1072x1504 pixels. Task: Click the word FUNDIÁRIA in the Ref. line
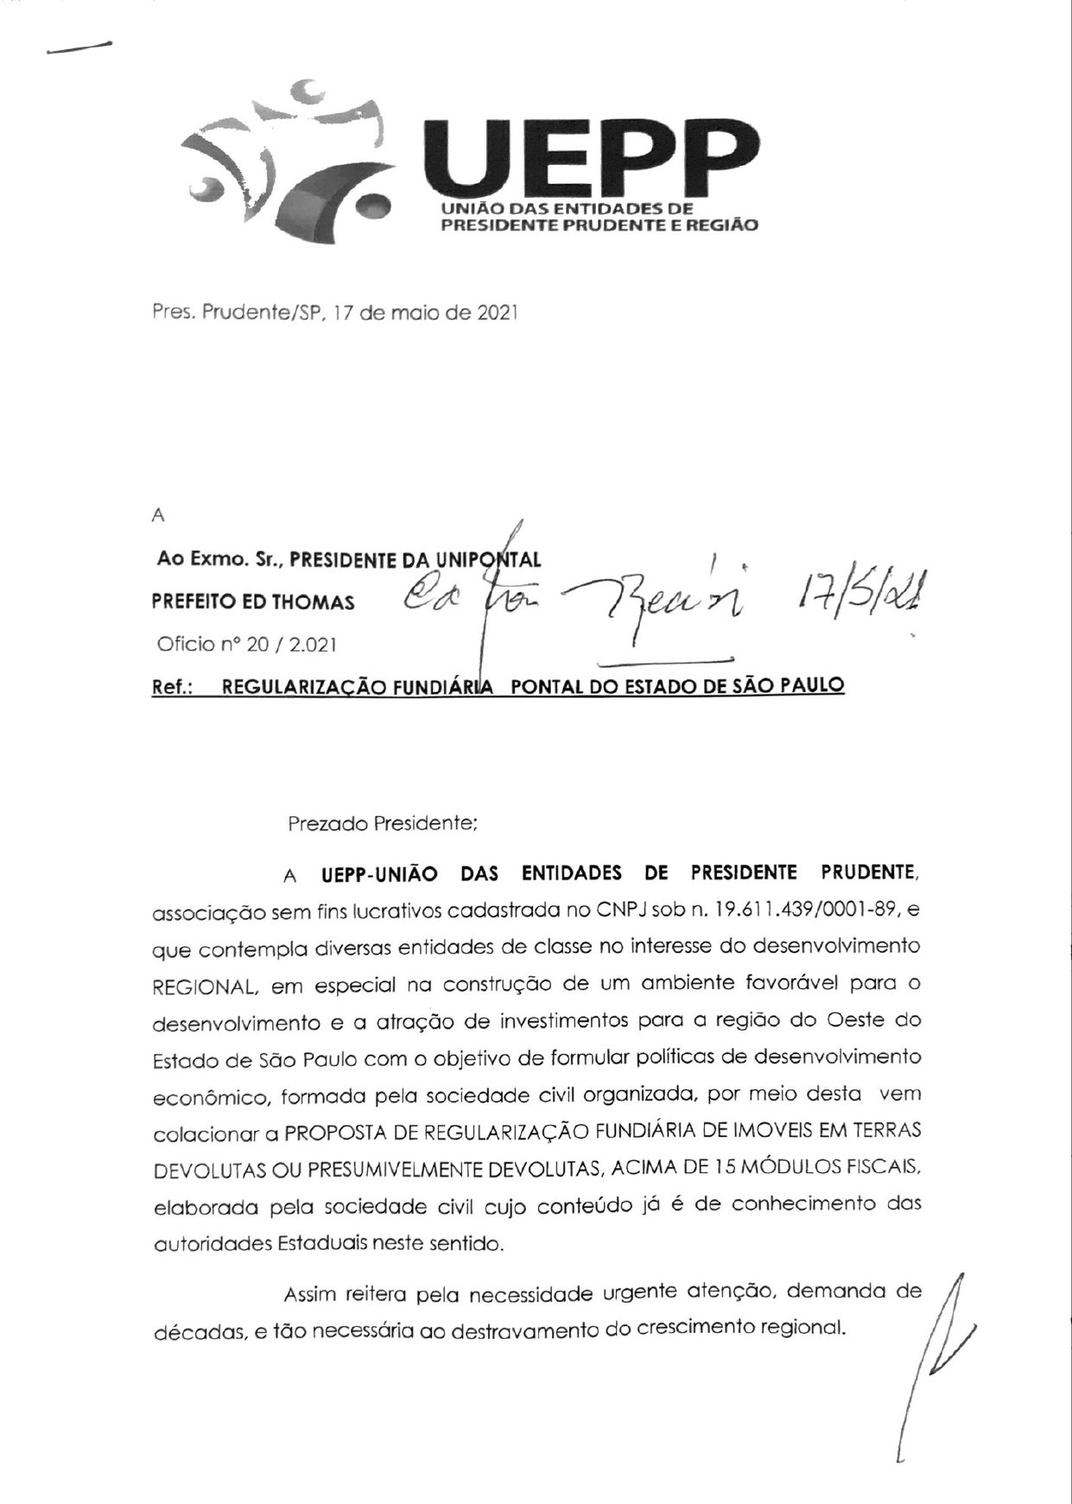click(x=445, y=687)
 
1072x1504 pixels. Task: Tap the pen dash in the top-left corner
click(x=79, y=48)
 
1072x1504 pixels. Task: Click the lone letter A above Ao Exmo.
click(x=157, y=517)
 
